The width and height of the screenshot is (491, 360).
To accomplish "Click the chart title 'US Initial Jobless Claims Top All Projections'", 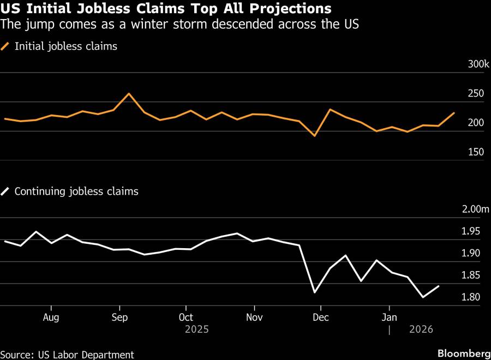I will (x=166, y=9).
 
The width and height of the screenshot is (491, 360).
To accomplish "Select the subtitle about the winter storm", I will (x=179, y=25).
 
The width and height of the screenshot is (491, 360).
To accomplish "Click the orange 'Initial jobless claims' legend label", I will (x=65, y=46).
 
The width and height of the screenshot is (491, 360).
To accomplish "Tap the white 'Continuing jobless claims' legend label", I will (x=76, y=191).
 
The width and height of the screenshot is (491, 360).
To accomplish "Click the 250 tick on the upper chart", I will (x=476, y=94).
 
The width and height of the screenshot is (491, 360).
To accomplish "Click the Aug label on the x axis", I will (x=51, y=317).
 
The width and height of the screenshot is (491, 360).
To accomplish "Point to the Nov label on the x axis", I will (x=254, y=317).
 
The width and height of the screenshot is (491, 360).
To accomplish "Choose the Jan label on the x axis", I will (x=389, y=317).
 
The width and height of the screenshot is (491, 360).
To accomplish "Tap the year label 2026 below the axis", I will (x=421, y=329).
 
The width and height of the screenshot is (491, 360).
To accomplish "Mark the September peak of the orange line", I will (x=129, y=93).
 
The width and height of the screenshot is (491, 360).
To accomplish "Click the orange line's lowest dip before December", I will (x=315, y=135).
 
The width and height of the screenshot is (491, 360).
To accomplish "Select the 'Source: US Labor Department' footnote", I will (x=67, y=355).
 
